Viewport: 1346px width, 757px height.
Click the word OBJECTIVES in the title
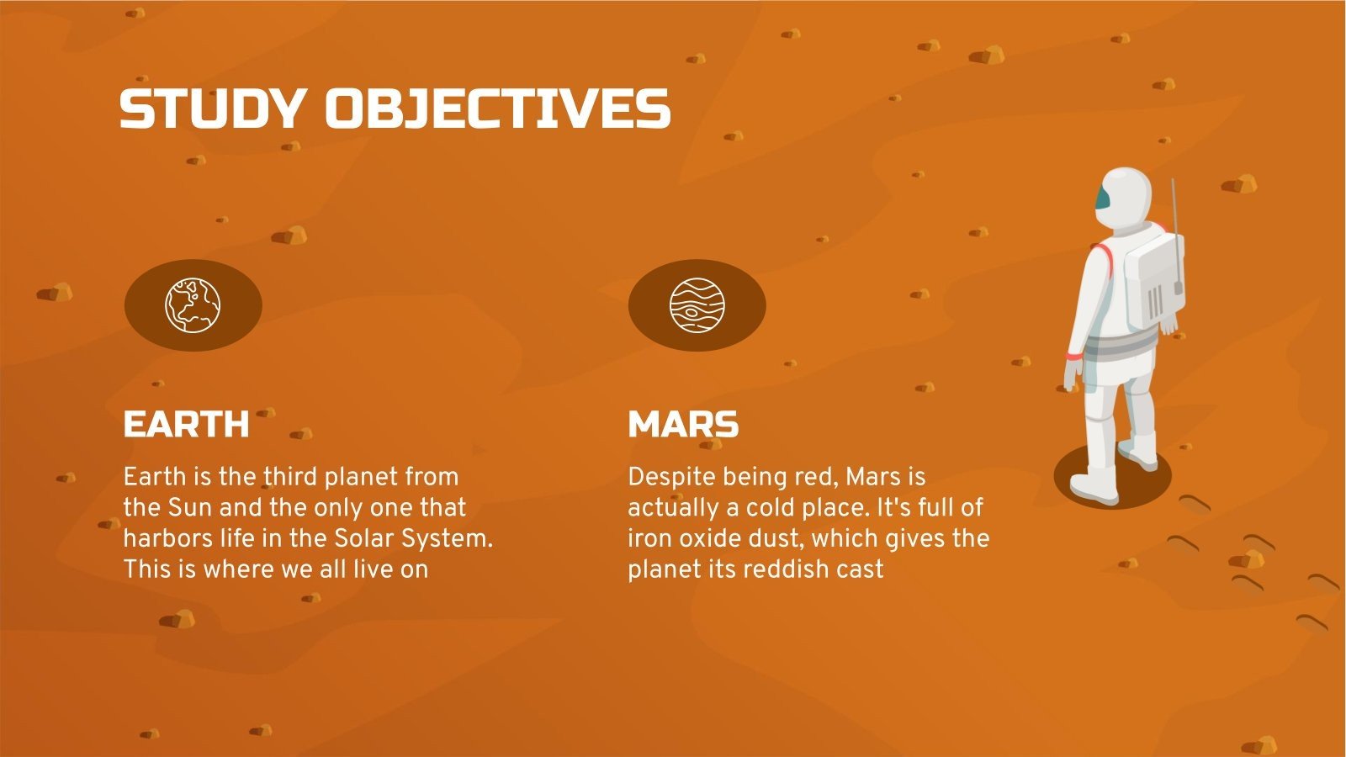tap(498, 109)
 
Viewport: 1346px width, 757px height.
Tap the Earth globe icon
tap(193, 304)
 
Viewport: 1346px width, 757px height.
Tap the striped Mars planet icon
tap(697, 304)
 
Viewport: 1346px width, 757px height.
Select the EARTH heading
tap(186, 425)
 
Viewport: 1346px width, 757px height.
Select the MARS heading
tap(683, 425)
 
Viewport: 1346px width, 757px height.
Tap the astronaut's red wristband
tap(1074, 357)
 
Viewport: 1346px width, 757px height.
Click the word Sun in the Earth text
tap(190, 508)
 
